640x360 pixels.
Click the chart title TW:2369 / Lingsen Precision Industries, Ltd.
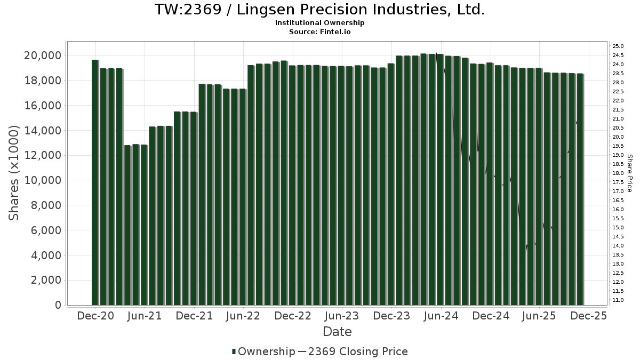click(x=319, y=10)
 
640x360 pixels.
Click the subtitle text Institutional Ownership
click(x=319, y=23)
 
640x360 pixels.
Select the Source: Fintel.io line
click(x=319, y=31)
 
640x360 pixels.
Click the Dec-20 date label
click(x=95, y=316)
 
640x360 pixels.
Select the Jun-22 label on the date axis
click(x=243, y=316)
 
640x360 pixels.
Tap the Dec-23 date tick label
click(x=391, y=316)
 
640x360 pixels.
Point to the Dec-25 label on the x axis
click(x=589, y=316)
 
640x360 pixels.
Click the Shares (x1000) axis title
click(x=14, y=173)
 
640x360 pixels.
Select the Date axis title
click(x=337, y=332)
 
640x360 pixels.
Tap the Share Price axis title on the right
click(x=630, y=173)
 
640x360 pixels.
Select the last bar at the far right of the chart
click(x=580, y=189)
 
